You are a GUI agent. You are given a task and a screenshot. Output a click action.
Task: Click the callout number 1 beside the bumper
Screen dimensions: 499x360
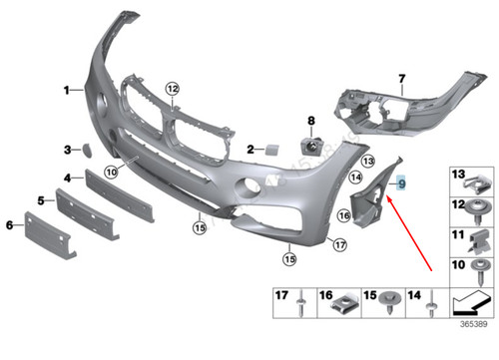point(68,91)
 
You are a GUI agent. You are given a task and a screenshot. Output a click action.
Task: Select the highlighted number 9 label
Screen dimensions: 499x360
point(401,182)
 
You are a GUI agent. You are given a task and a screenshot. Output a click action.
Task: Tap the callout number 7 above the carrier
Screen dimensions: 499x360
point(402,77)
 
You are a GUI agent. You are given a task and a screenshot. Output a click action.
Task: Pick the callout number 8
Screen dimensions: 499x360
point(310,122)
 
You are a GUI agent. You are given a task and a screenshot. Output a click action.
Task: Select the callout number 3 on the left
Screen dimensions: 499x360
point(68,150)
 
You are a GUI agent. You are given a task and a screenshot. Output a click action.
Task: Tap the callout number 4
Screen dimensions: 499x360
point(68,180)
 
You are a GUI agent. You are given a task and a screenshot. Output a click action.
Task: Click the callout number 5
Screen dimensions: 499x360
point(41,200)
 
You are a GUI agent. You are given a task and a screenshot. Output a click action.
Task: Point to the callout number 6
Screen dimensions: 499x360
point(11,226)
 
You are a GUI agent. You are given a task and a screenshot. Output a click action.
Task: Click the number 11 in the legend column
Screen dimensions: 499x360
point(460,235)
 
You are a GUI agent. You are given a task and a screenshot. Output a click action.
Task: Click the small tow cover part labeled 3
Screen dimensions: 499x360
point(87,151)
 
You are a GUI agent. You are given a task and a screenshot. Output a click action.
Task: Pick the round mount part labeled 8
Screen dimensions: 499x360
point(310,146)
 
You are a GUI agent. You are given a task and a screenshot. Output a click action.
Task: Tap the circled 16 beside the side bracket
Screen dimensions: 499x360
point(343,215)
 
